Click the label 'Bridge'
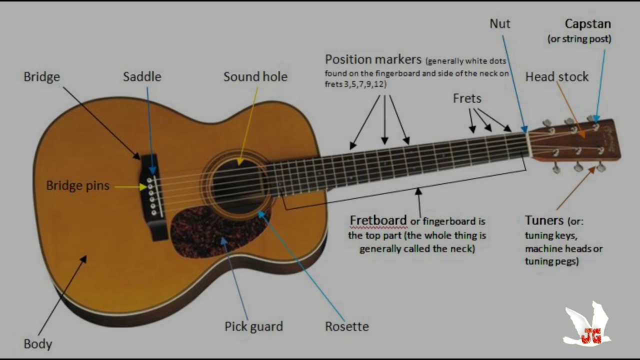(x=42, y=77)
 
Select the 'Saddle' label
(x=142, y=77)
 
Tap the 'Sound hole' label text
(x=255, y=77)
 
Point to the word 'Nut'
(x=500, y=24)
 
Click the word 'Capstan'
(x=587, y=24)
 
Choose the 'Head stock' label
(x=556, y=77)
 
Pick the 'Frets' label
(x=467, y=98)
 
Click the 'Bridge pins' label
(x=77, y=185)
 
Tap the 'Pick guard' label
(x=253, y=326)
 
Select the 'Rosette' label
(x=347, y=326)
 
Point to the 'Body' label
(x=38, y=344)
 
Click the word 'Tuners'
(x=544, y=220)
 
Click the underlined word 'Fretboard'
(x=378, y=220)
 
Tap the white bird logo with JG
(x=588, y=325)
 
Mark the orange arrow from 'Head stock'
(x=570, y=109)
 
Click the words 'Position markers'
(x=373, y=59)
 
